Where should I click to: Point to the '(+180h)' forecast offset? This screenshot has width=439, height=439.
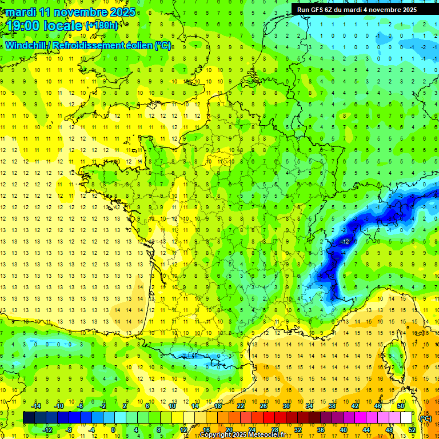coord(102,26)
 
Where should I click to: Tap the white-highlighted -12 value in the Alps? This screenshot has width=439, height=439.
coord(345,242)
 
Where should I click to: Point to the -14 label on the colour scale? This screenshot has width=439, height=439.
coord(37,406)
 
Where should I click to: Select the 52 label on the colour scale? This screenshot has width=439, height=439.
coord(412,430)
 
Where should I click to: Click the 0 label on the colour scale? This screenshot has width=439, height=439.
coord(113,430)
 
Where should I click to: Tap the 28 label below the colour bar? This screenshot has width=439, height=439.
coord(275,430)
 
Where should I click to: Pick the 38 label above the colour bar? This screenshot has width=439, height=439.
coord(332,406)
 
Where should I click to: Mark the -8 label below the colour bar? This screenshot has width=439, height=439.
coord(69,430)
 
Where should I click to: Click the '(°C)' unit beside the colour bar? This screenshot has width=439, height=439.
coord(425,418)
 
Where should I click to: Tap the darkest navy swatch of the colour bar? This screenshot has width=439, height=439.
coord(29,418)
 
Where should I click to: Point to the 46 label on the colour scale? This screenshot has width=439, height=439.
coord(378,406)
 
